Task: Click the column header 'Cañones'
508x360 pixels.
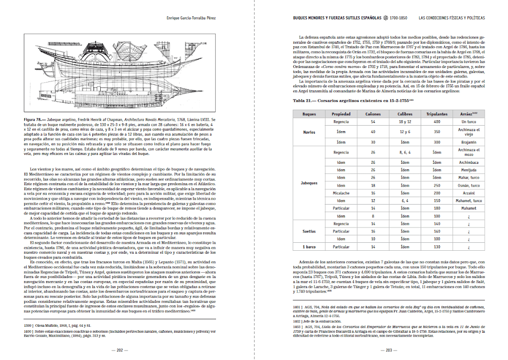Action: pos(373,114)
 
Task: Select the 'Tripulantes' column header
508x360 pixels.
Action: pos(437,114)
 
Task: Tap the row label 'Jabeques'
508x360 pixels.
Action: pos(309,183)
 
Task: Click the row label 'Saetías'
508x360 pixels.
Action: pos(309,231)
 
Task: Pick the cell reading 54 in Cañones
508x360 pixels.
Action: pos(373,121)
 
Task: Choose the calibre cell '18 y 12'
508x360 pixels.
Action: pos(405,121)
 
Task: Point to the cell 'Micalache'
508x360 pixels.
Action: pos(341,192)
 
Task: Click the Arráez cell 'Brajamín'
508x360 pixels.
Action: pos(468,142)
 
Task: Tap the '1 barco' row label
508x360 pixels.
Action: pos(309,247)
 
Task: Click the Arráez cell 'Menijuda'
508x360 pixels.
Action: pos(468,169)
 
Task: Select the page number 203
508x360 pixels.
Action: pos(389,350)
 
